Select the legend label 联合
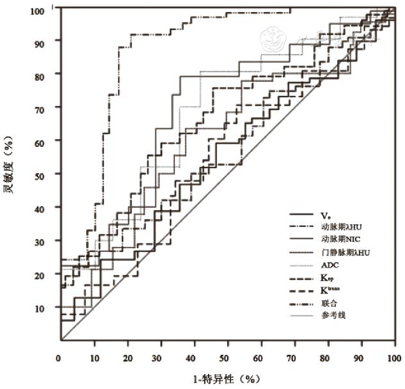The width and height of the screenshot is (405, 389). point(329,304)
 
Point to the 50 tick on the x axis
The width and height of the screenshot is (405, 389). point(228,358)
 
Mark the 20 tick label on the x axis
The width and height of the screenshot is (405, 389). point(128,358)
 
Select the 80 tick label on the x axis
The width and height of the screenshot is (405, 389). point(328,358)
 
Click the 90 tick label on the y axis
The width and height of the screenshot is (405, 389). point(46,40)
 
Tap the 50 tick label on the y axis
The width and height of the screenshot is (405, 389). point(46,174)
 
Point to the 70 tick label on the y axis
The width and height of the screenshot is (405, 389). point(46,107)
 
